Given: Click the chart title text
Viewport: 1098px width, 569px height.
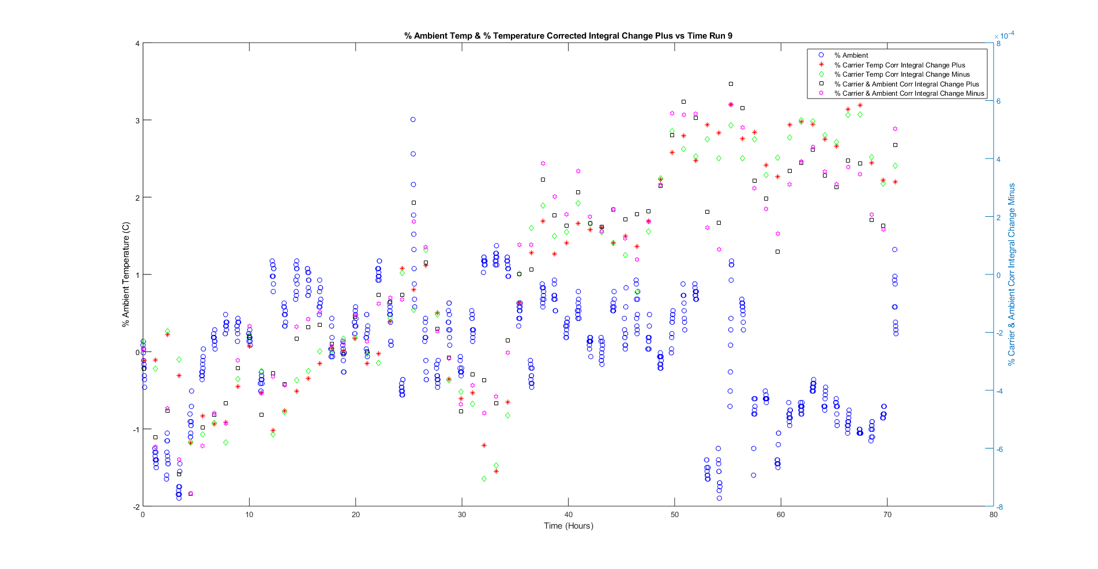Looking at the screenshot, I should click(x=568, y=36).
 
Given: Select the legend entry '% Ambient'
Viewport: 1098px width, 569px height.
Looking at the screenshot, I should click(x=851, y=55).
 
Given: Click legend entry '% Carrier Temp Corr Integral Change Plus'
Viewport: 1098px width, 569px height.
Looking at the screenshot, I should click(x=899, y=65).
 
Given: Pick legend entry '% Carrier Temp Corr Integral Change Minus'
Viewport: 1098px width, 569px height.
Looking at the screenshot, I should click(x=901, y=74).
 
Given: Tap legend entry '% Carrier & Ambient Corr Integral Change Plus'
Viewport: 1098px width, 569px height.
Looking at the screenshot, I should click(x=906, y=84).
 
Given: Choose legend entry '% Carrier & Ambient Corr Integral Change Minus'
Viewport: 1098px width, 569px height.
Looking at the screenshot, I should click(x=909, y=93).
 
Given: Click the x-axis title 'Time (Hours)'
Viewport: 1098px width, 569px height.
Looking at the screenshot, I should click(x=568, y=526).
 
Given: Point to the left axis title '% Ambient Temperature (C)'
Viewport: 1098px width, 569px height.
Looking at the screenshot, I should click(x=126, y=275).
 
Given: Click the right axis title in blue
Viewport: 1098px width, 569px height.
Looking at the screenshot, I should click(x=1011, y=275).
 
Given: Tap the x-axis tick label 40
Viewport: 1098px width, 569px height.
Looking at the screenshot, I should click(x=568, y=515).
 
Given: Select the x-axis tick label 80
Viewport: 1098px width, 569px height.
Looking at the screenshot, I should click(x=993, y=515).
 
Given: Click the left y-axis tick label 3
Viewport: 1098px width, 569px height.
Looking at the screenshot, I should click(x=137, y=120).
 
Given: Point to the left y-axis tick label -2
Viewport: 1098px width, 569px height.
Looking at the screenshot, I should click(x=136, y=507).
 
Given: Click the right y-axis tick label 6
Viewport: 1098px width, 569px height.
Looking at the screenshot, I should click(x=998, y=101).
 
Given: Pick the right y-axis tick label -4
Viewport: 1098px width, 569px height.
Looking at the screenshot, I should click(x=999, y=391).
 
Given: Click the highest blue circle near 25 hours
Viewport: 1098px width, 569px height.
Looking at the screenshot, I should click(x=413, y=119).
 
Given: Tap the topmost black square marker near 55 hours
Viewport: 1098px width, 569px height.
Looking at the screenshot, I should click(x=731, y=84).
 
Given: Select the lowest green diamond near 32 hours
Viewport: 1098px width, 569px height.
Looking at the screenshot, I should click(x=484, y=479).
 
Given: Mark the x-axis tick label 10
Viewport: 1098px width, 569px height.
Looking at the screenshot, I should click(x=249, y=515).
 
